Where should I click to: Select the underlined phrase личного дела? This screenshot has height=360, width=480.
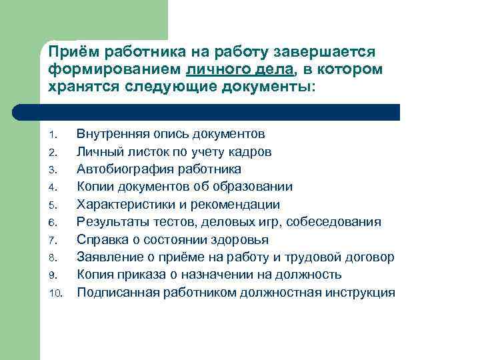click(230, 70)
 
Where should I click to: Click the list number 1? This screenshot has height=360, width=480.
click(55, 135)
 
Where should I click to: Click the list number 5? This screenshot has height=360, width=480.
click(55, 205)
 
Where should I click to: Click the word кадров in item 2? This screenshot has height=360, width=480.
click(252, 151)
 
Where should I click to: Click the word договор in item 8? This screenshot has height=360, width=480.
click(370, 257)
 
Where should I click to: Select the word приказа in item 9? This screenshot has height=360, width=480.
click(147, 275)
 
